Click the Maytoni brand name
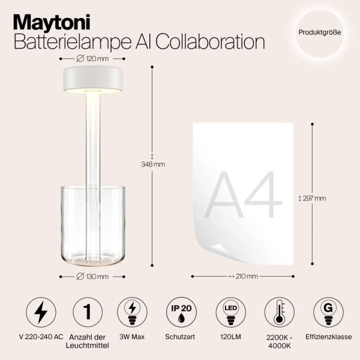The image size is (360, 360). (x=52, y=23)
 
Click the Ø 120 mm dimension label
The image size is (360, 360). (x=93, y=58)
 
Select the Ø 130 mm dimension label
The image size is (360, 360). (x=93, y=276)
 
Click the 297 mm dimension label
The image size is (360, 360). (x=313, y=198)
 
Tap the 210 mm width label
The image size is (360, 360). (x=243, y=276)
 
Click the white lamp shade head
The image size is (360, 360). (x=92, y=80)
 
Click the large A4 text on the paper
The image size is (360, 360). (x=244, y=195)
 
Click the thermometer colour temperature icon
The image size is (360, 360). (x=280, y=312)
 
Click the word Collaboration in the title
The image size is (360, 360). (x=212, y=42)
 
